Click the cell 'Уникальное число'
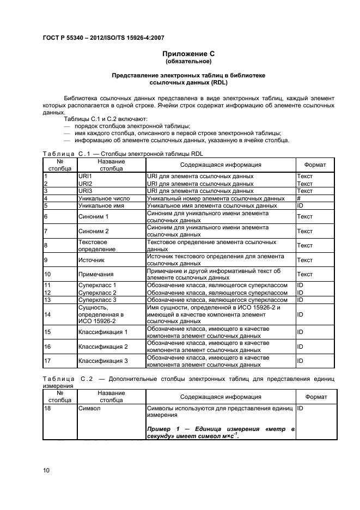[x=104, y=199]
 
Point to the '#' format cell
[x=300, y=199]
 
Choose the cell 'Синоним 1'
[x=94, y=217]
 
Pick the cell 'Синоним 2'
[x=94, y=232]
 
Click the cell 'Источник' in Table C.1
[x=91, y=260]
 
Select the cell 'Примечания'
[x=96, y=275]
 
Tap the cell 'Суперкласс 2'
[x=97, y=293]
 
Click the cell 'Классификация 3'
[x=103, y=361]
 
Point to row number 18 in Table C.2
[x=47, y=408]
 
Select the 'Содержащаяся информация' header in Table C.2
[x=221, y=397]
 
